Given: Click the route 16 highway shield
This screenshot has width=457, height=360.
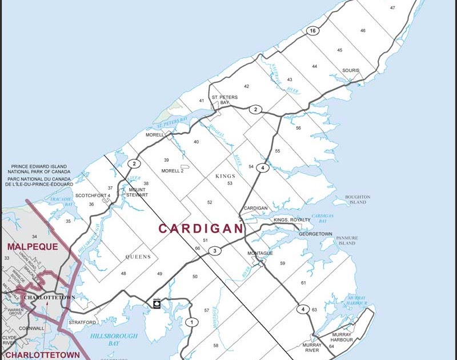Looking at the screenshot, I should (x=311, y=31).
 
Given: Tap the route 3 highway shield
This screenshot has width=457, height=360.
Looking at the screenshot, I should (x=214, y=251).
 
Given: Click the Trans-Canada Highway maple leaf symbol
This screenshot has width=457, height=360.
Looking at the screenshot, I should (x=157, y=303).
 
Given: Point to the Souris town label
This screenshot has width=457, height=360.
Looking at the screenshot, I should (x=351, y=71).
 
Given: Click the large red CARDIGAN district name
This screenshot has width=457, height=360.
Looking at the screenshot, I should (x=201, y=229).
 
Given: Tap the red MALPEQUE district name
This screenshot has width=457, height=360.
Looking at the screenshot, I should (x=33, y=247).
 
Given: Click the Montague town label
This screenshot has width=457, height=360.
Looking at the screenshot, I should (x=260, y=253).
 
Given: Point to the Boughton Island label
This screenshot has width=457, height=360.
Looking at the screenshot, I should (x=358, y=200).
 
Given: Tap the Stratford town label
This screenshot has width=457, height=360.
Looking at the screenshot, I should (x=82, y=322).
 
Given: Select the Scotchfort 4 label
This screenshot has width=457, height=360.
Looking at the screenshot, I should (x=93, y=195).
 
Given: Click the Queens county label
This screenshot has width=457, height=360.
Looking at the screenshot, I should (x=138, y=257).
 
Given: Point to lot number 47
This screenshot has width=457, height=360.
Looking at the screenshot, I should (x=392, y=7).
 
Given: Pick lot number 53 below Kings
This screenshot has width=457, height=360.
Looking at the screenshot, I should (x=230, y=183).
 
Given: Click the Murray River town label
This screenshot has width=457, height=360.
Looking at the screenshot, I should (x=311, y=348).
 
